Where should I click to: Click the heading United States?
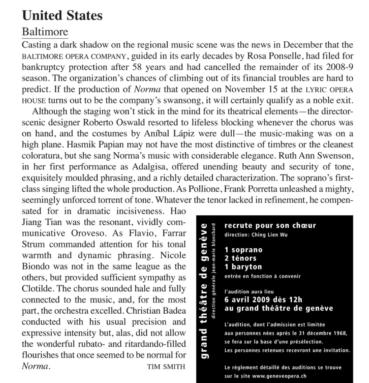62,16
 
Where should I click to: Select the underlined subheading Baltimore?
45,32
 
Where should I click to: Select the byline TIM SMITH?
166,367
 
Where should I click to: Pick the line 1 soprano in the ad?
243,250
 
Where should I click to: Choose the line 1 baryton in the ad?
243,267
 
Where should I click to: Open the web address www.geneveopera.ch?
277,375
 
